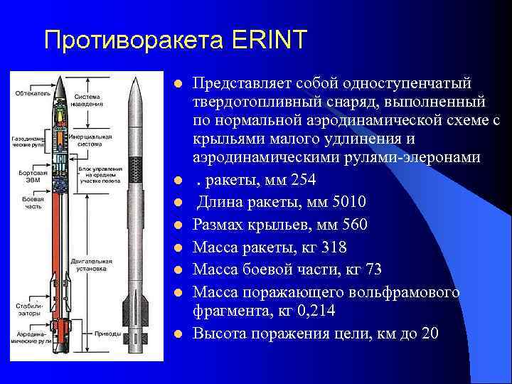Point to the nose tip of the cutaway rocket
pyautogui.click(x=60, y=77)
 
